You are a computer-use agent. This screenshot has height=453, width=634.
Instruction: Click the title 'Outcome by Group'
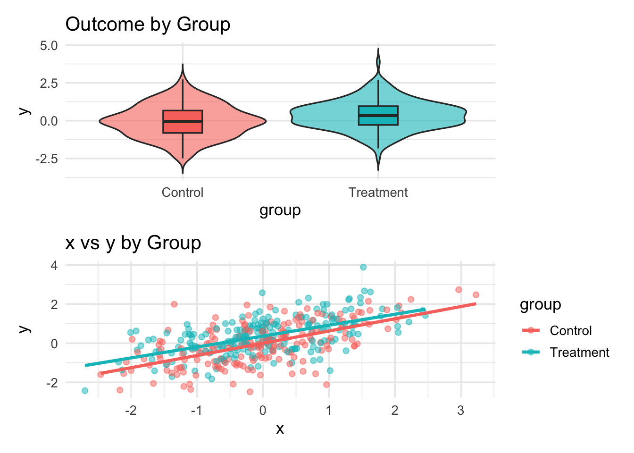[148, 25]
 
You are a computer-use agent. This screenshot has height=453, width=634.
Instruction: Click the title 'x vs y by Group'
[133, 243]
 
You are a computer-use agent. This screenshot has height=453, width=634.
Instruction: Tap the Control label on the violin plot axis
[182, 193]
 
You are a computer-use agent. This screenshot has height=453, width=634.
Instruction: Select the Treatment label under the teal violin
[378, 193]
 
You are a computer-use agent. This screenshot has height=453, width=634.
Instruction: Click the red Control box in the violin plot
[183, 122]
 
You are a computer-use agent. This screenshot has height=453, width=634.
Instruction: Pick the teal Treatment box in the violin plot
[378, 115]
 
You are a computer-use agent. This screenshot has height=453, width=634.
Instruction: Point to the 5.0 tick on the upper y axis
[49, 45]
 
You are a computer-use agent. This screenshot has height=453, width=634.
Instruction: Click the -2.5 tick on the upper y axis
[47, 159]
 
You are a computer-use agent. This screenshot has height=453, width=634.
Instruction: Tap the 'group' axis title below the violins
[280, 210]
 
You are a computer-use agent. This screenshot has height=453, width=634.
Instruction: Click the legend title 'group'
[540, 305]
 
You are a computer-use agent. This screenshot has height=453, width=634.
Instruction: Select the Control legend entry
[570, 331]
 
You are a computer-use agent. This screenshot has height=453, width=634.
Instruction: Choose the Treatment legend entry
[579, 352]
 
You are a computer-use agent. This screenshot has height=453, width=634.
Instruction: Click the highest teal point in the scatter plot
[363, 267]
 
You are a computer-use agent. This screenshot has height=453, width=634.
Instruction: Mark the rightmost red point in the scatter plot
[476, 295]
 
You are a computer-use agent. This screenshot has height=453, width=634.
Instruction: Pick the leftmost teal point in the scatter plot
[85, 391]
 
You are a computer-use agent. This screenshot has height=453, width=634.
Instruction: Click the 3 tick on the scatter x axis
[460, 411]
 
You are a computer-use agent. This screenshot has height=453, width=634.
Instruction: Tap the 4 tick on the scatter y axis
[55, 266]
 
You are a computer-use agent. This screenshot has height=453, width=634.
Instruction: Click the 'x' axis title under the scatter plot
[280, 428]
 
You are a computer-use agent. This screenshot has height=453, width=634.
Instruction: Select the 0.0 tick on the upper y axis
[49, 121]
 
